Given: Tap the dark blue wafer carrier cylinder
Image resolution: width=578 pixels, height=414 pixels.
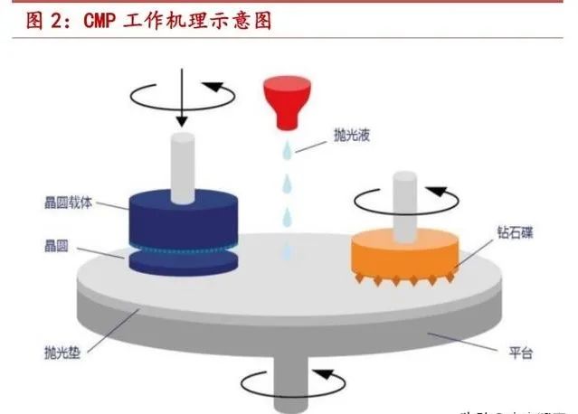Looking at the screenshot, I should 180,217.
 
